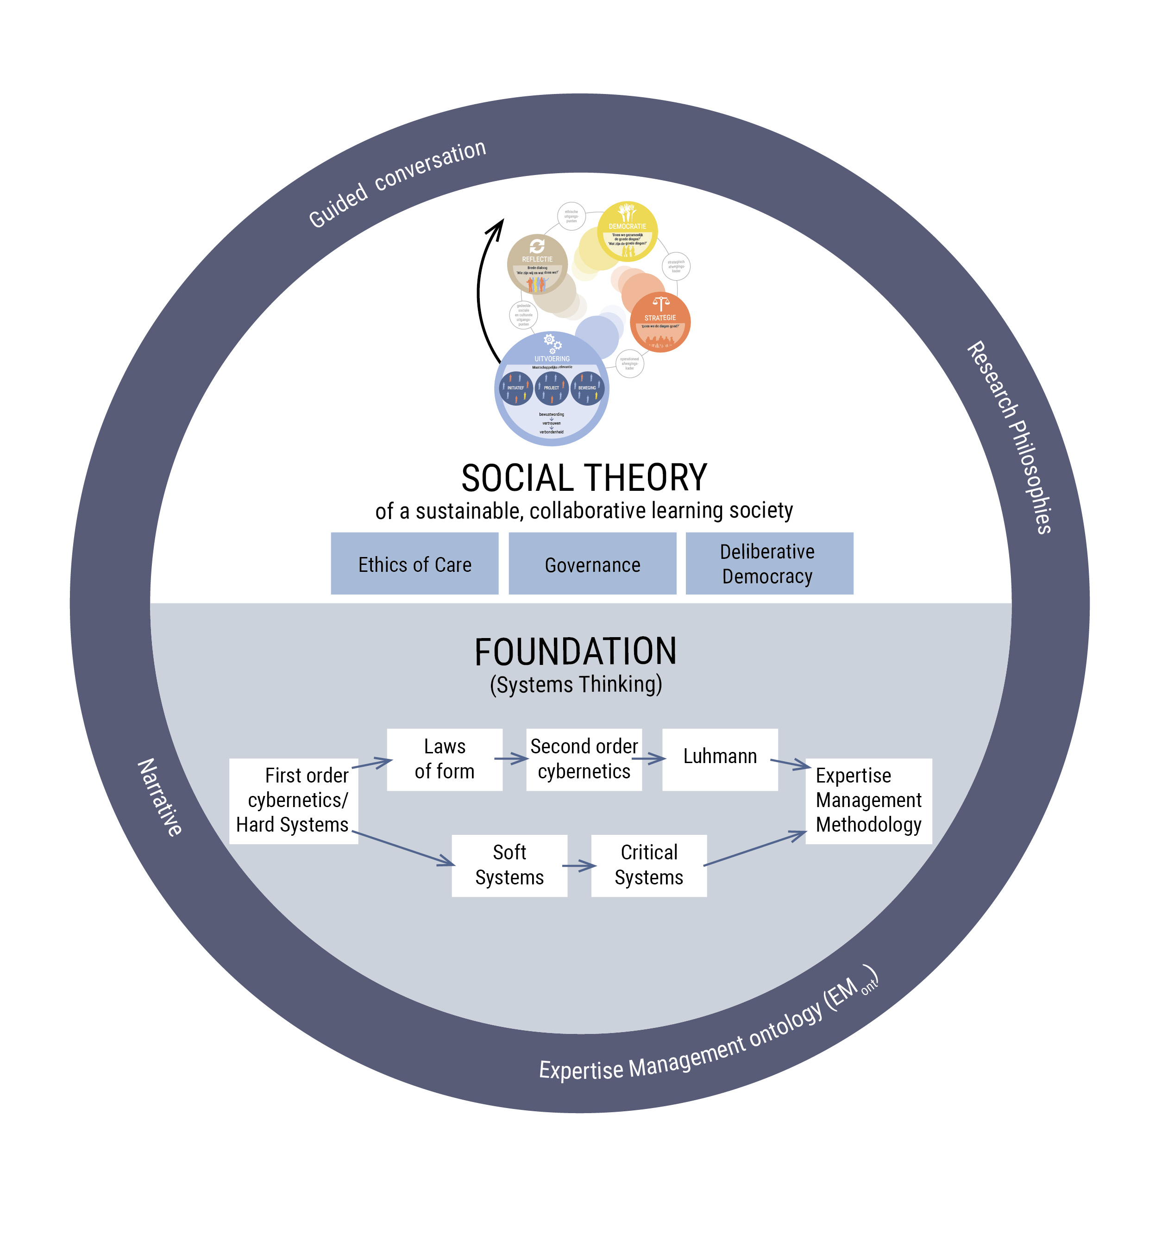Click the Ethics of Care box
tap(414, 563)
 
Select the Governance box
tap(592, 563)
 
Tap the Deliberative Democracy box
tap(769, 563)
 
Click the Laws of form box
tap(445, 759)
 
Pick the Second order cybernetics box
tap(584, 759)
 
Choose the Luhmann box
tap(720, 759)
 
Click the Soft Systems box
tap(509, 865)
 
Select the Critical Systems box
tap(648, 865)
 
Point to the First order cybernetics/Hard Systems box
tap(294, 801)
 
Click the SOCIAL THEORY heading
tap(584, 478)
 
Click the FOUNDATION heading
tap(575, 651)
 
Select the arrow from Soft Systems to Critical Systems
tap(579, 865)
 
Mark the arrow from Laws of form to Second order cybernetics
tap(511, 758)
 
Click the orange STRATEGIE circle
tap(660, 322)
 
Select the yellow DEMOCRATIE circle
tap(628, 231)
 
